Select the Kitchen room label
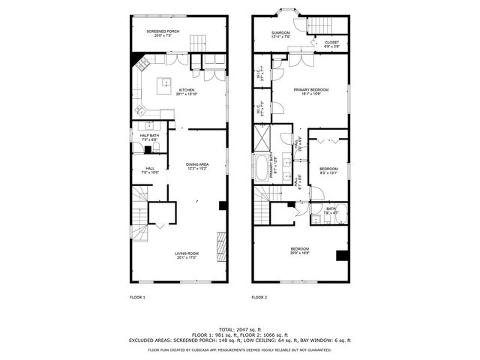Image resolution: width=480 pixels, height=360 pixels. [186, 91]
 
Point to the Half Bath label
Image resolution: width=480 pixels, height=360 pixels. [148, 137]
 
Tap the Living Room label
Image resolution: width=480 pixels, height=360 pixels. [187, 255]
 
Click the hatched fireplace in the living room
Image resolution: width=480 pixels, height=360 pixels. [221, 245]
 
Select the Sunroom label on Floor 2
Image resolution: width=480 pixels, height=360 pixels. [280, 34]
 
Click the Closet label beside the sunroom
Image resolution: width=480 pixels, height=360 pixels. [331, 44]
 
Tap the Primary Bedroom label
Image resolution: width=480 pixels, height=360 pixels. [307, 91]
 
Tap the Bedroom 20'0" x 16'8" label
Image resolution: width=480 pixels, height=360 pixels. [300, 251]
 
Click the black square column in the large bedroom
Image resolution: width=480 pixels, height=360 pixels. [342, 255]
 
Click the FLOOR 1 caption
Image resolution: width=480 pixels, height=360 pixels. [137, 298]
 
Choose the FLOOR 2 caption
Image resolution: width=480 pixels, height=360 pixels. [259, 298]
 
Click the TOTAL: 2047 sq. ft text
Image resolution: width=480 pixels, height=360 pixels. [240, 329]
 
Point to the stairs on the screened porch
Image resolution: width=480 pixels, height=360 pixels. [196, 42]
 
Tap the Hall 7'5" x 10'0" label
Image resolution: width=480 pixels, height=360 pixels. [150, 170]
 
